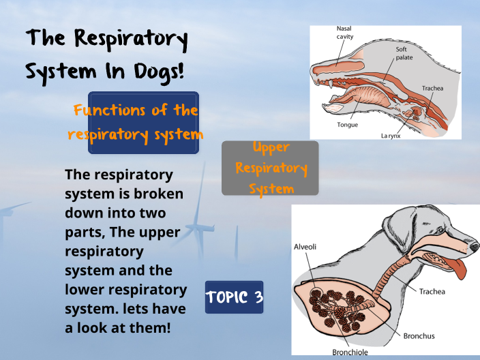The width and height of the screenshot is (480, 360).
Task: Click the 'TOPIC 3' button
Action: [234, 297]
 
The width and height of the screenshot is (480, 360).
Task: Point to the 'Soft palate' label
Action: [404, 54]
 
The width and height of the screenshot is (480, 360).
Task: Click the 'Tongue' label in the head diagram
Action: [347, 125]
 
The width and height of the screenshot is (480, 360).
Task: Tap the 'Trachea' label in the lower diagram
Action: [432, 292]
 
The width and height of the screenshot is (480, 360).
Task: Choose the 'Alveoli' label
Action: [305, 246]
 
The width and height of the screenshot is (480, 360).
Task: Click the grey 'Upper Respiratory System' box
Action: [270, 168]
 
